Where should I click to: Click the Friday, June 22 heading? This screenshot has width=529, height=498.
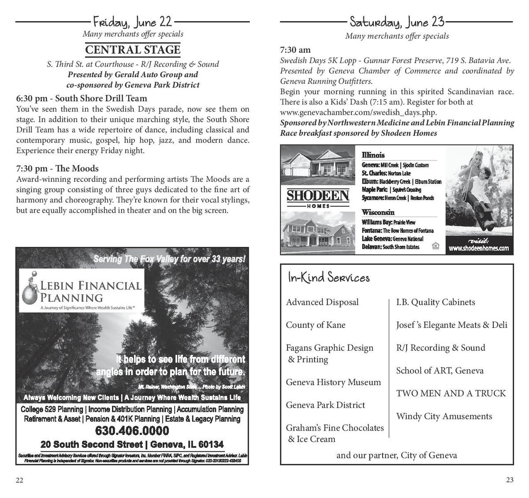pos(132,21)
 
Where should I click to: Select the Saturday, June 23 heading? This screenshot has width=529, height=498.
pos(397,21)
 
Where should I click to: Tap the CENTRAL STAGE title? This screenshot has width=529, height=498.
pos(133,50)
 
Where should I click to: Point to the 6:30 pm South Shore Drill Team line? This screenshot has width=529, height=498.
pos(82,98)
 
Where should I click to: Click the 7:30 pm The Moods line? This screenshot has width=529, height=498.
pos(57,168)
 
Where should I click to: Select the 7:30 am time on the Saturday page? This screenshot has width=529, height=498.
pos(295,50)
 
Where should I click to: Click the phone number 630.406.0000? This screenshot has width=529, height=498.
pos(132,431)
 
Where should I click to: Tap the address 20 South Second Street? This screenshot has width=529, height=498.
pos(132,444)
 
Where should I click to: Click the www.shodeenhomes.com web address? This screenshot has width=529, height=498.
pos(478,248)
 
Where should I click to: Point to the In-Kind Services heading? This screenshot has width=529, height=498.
pos(328,278)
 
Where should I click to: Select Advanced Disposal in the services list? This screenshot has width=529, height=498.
pos(322,302)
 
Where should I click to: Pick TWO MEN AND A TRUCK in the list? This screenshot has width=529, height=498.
pos(451,393)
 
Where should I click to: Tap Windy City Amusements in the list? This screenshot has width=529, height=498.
pos(444,416)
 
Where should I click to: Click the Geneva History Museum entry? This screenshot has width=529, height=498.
pos(333,382)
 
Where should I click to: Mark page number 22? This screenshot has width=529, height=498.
pos(19,480)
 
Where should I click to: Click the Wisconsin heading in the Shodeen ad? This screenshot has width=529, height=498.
pos(378,213)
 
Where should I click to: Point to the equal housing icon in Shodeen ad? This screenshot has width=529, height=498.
pos(436,246)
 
